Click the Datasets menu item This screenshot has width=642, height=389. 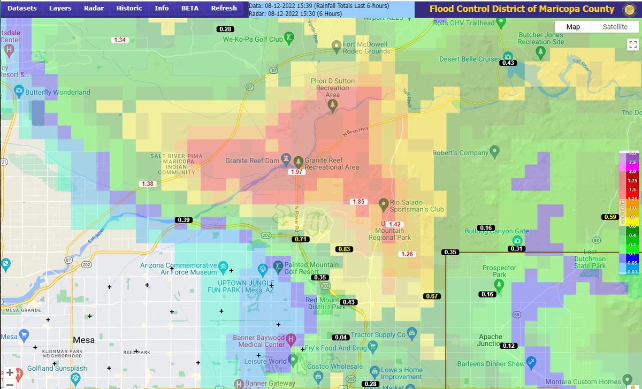(22, 8)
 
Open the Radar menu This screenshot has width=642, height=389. (94, 8)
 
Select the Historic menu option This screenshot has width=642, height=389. (129, 8)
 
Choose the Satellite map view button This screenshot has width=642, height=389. (615, 27)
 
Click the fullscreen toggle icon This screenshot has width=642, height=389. (631, 45)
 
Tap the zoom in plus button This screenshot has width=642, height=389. (10, 373)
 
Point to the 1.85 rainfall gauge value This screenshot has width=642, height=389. (358, 201)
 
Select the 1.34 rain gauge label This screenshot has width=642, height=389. (119, 40)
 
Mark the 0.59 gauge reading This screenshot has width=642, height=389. (610, 217)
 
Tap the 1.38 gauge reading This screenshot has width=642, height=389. (148, 184)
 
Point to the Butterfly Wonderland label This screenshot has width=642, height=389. (59, 92)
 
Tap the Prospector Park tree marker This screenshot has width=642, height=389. (499, 285)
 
